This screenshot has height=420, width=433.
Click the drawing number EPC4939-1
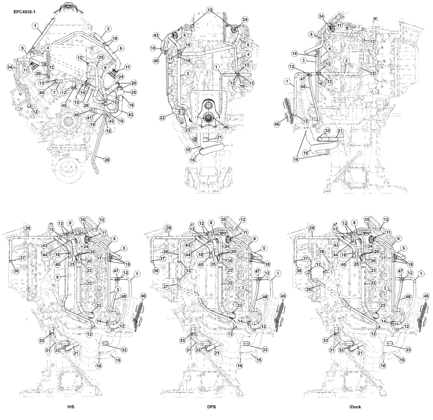tap(25, 12)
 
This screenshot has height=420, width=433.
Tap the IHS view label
tap(71, 407)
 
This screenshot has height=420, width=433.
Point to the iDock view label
tap(355, 407)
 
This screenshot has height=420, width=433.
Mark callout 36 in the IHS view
tap(16, 271)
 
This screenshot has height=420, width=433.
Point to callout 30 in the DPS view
tap(230, 260)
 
